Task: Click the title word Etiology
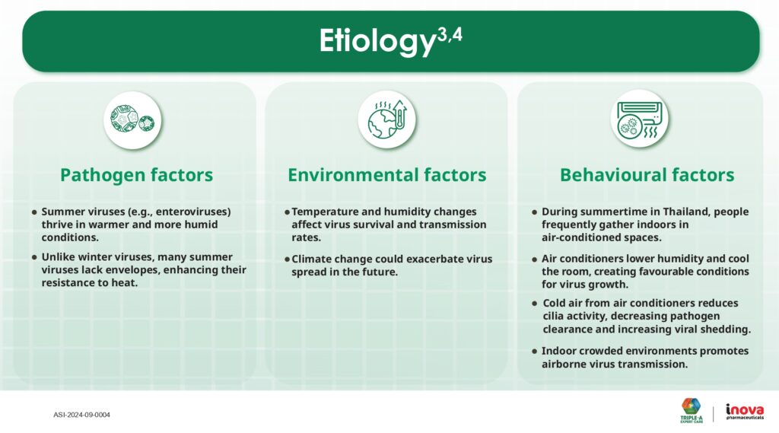[x=377, y=41]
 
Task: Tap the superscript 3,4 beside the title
[x=450, y=35]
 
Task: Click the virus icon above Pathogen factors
[x=132, y=119]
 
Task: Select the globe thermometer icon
[x=387, y=119]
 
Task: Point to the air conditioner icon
[x=639, y=119]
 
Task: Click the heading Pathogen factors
[x=137, y=175]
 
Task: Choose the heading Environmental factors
[x=387, y=175]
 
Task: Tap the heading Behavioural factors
[x=647, y=175]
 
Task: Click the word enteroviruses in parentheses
[x=192, y=212]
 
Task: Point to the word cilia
[x=553, y=316]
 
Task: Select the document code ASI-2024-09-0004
[x=82, y=415]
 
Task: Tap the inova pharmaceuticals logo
[x=745, y=412]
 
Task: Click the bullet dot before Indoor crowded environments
[x=535, y=351]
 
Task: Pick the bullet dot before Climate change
[x=287, y=259]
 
